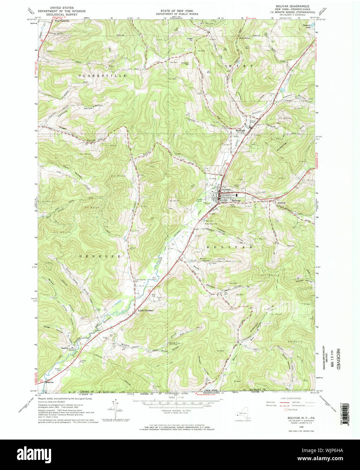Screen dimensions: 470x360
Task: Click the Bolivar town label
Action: (x=236, y=200)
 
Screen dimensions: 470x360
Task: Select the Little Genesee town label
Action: (x=145, y=310)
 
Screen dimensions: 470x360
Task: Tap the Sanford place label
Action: (x=65, y=348)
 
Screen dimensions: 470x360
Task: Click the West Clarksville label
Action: (x=62, y=21)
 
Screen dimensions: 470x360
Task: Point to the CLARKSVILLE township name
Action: (x=102, y=76)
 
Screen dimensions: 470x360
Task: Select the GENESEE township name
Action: (x=100, y=256)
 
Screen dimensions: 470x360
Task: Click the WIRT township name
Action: (x=241, y=66)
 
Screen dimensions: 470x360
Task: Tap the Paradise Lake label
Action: (x=306, y=26)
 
